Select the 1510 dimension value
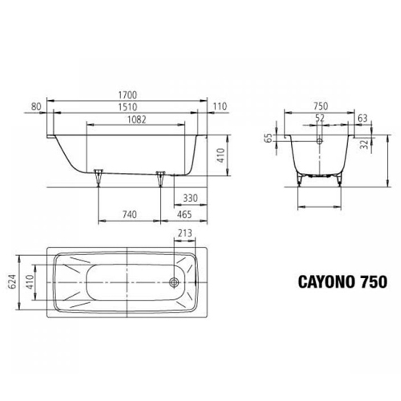point(128,107)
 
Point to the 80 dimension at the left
point(36,106)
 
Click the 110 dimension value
point(220,106)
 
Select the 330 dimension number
point(190,198)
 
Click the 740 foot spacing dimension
point(129,215)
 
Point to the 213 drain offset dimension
point(186,233)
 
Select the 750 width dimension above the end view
point(319,106)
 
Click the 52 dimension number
point(320,118)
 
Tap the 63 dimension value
point(363,118)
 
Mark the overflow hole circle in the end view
point(319,141)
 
